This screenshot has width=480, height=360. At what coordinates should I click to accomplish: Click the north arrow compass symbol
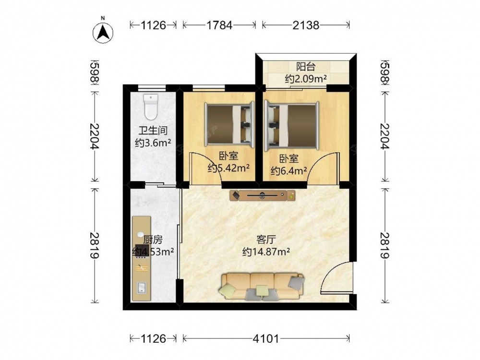[103, 33]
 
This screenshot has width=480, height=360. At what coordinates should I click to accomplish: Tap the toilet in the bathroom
[151, 107]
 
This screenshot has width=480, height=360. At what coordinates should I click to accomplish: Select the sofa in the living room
[262, 286]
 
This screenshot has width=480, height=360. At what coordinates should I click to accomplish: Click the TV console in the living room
[263, 195]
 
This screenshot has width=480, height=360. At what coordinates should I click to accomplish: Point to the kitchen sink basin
[142, 287]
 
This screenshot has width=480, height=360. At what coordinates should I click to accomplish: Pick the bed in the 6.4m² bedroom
[292, 125]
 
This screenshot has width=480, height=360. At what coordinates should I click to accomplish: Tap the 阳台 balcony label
[305, 66]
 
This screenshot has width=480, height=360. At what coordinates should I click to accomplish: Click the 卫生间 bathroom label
[153, 131]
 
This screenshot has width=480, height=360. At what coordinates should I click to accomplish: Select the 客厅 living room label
[266, 239]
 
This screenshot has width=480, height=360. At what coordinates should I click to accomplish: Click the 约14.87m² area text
[266, 252]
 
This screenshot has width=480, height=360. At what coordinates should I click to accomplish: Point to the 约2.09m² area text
[306, 79]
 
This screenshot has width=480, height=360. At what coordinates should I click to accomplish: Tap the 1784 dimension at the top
[219, 25]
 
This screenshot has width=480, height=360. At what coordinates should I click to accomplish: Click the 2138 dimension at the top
[306, 25]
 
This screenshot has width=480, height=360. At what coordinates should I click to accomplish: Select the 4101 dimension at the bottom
[266, 338]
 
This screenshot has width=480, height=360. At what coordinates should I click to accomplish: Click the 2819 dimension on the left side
[95, 245]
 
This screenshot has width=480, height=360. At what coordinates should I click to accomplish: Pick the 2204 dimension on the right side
[385, 136]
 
